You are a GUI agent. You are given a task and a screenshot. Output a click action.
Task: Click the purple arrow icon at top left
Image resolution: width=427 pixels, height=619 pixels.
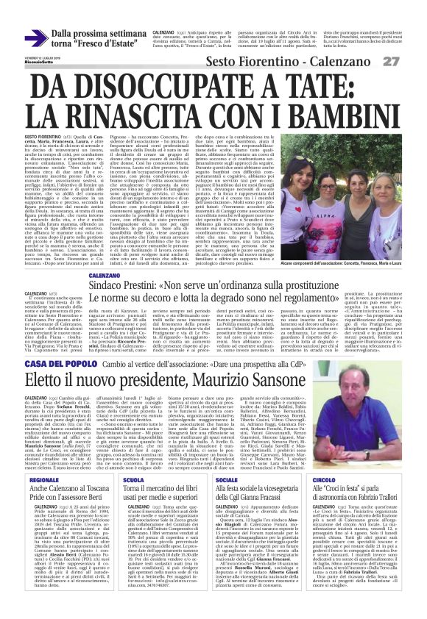tap(35, 37)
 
